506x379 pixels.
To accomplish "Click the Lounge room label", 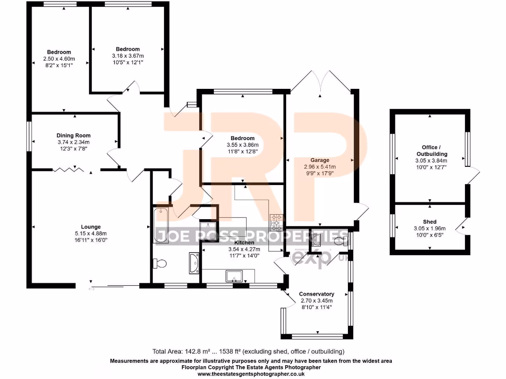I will (91, 227).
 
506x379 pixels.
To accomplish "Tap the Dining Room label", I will (74, 135).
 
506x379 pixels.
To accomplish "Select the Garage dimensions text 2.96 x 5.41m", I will (320, 167).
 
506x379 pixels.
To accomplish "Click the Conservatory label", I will (317, 294).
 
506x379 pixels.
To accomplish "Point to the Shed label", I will (429, 222).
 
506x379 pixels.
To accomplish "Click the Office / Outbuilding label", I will (429, 151).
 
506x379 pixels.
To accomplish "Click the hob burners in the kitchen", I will (276, 223).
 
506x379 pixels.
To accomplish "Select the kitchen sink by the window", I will (233, 276).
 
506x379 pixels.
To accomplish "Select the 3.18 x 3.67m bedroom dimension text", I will (127, 56).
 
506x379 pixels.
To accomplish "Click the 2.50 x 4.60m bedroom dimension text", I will (59, 59).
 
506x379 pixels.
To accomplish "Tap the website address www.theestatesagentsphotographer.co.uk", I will (251, 374).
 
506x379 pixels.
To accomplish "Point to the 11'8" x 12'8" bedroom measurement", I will (241, 152).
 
